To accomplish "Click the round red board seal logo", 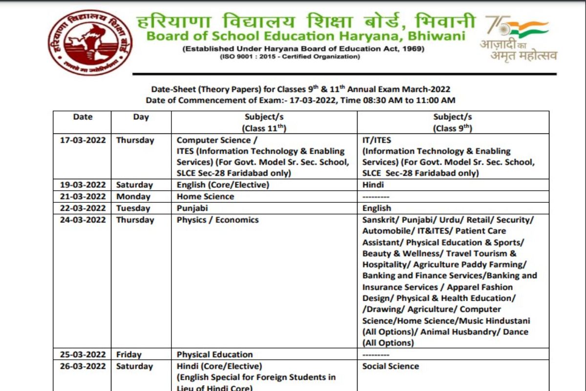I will coord(90,42).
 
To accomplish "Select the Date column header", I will coord(83,117).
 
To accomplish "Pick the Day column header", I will coord(141,117).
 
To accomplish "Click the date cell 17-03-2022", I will coord(83,140).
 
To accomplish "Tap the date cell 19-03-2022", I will coord(83,185).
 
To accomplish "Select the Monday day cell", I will coord(133,196).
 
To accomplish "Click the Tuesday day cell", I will coord(133,208).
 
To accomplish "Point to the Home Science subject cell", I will coord(205,196).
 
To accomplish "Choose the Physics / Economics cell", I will coord(217,220).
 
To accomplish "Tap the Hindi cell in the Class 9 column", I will coord(373,185).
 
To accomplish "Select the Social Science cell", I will coord(390,366).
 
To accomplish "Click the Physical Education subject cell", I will coord(214,354).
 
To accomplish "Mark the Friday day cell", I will coord(128,354).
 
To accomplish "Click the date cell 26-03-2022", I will coord(83,366).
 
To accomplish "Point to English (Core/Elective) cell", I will coord(223,185).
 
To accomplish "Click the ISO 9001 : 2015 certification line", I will coord(290,57).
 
